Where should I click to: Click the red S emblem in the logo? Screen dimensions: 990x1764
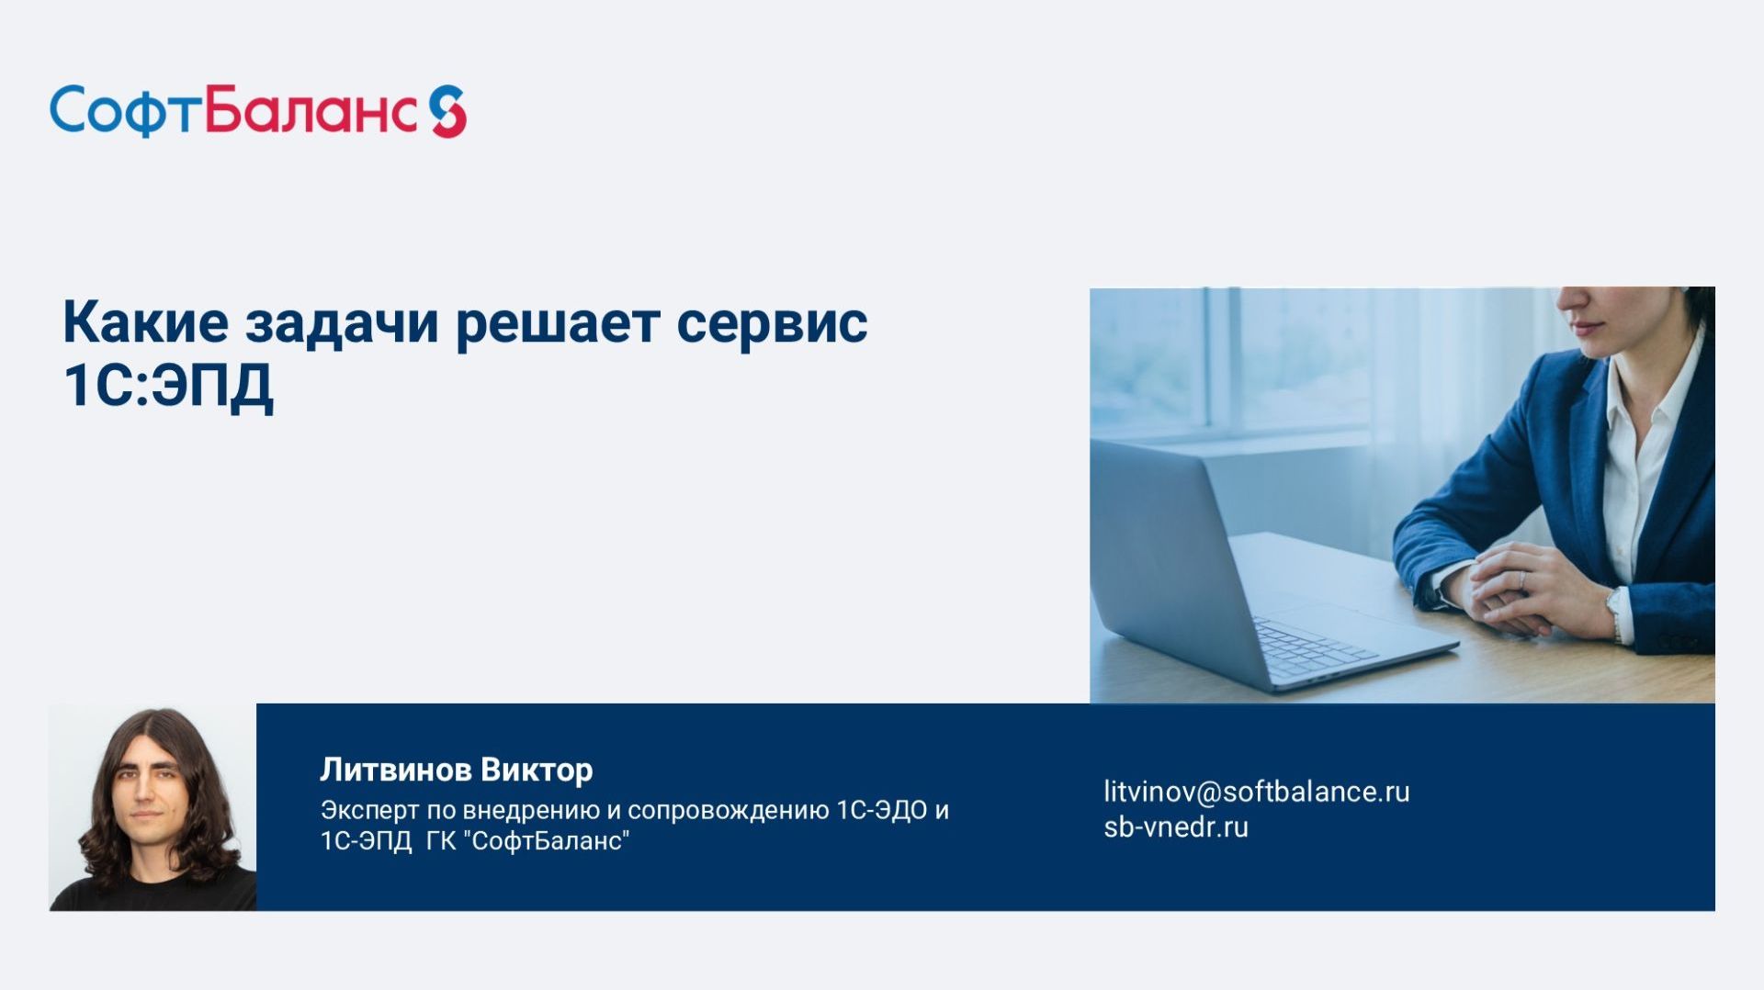[448, 111]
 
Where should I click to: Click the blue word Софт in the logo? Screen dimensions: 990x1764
[124, 111]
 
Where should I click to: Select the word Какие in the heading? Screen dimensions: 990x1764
[145, 322]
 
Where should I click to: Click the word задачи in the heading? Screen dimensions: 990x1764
[342, 322]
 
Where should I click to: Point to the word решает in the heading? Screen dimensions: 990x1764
[558, 322]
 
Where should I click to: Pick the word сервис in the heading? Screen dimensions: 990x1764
[772, 322]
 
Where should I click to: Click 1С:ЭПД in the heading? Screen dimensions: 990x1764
[168, 385]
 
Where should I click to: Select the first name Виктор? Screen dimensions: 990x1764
[537, 770]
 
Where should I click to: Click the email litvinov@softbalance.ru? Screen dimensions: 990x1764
[1256, 792]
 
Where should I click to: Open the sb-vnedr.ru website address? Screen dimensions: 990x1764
[1175, 827]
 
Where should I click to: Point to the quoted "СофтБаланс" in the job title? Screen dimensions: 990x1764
[549, 841]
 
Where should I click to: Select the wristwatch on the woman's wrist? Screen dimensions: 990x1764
[1614, 611]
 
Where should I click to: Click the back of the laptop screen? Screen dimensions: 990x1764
[1167, 551]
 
